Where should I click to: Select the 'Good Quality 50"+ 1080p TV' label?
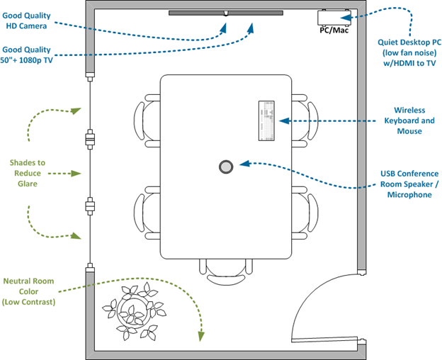pyautogui.click(x=26, y=55)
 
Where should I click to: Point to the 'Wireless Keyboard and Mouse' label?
pyautogui.click(x=409, y=120)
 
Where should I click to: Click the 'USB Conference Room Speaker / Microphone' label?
pyautogui.click(x=409, y=184)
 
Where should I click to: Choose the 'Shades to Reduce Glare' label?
pyautogui.click(x=29, y=173)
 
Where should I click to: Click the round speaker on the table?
pyautogui.click(x=226, y=167)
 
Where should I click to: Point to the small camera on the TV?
pyautogui.click(x=225, y=13)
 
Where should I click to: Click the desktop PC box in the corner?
pyautogui.click(x=334, y=17)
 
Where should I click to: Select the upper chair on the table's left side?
pyautogui.click(x=147, y=118)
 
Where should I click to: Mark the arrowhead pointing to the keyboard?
pyautogui.click(x=285, y=121)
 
